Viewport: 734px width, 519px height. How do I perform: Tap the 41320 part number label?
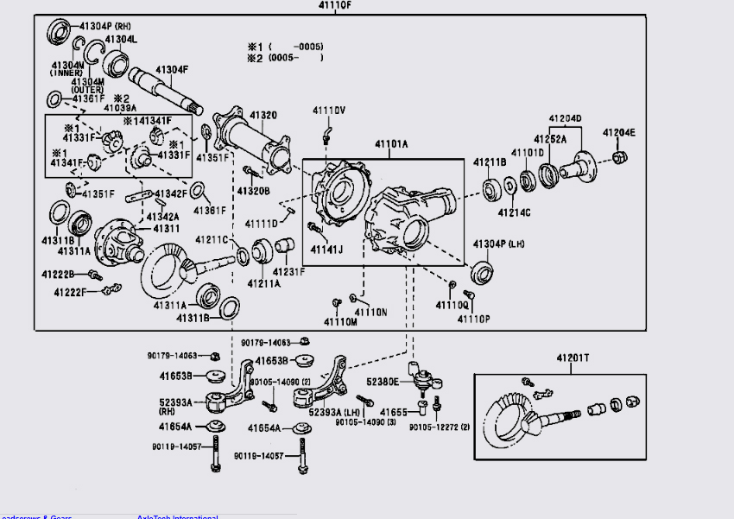coord(263,115)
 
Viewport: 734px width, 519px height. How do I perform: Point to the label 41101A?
coord(391,144)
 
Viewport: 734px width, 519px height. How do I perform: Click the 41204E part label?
coord(618,132)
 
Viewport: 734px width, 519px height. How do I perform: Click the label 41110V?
coord(329,111)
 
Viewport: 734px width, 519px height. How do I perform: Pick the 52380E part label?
coord(383,381)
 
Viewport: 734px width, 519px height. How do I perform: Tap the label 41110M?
coord(340,322)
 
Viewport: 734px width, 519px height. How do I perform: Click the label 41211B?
coord(490,162)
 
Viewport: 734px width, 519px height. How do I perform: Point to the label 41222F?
coord(70,293)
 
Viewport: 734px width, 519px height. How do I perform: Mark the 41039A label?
coord(121,108)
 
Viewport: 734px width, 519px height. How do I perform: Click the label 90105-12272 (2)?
coord(440,427)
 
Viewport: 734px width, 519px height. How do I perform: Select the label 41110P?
coord(474,319)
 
